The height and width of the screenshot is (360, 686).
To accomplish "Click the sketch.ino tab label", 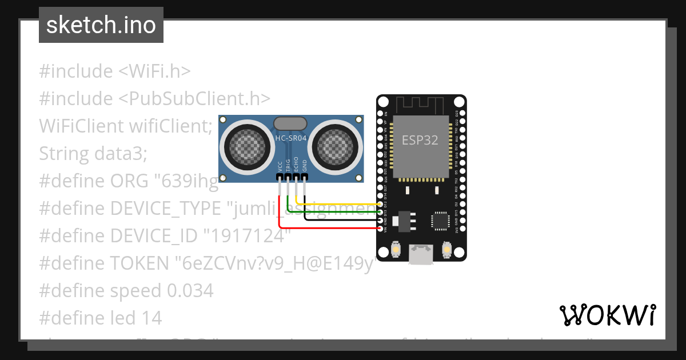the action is click(101, 25).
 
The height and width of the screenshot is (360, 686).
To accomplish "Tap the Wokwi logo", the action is click(607, 315).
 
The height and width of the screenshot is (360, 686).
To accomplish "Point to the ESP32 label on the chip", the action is click(420, 140).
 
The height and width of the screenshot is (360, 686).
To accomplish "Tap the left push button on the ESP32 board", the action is click(395, 250).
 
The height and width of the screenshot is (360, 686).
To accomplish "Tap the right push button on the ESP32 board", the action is click(447, 250).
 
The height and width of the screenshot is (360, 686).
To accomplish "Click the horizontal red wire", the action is click(332, 228).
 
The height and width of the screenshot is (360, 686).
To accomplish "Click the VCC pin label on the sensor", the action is click(280, 166).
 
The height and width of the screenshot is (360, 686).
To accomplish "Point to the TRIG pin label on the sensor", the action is click(288, 165).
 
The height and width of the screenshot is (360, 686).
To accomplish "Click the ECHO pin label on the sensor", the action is click(296, 165).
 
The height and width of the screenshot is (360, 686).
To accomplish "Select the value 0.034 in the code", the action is click(190, 291).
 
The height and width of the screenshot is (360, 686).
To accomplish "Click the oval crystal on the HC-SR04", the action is click(290, 123).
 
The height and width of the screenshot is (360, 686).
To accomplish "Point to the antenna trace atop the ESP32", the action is click(420, 105).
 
